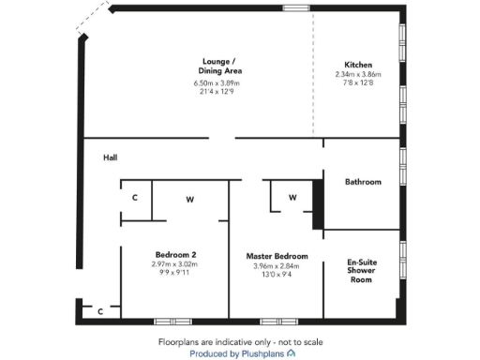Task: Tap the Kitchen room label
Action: coord(360,65)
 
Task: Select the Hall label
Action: coord(111,157)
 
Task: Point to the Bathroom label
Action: coord(363,182)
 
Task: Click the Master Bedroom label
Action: coord(277,256)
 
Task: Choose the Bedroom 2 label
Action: coord(175,255)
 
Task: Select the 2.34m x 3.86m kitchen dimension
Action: coord(360,75)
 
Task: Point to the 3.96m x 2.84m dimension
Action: coord(277,265)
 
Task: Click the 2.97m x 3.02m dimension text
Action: coord(175,265)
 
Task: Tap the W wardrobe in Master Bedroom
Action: coord(292,198)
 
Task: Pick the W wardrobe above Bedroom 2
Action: coord(189,199)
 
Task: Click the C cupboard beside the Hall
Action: coord(135,199)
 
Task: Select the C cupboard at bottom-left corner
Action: coord(100,311)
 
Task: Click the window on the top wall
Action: coord(297,8)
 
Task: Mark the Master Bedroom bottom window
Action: coord(274,322)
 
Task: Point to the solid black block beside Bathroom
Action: coord(317,202)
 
